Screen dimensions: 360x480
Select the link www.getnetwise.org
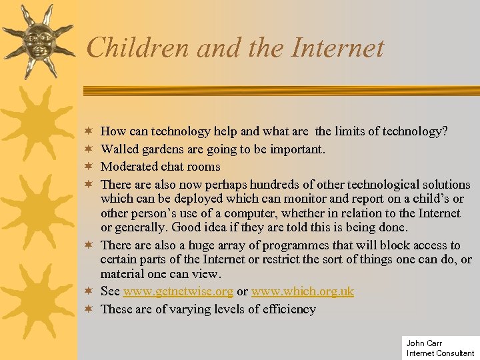point(178,291)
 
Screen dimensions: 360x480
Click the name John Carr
point(423,343)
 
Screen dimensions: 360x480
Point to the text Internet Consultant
point(440,353)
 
